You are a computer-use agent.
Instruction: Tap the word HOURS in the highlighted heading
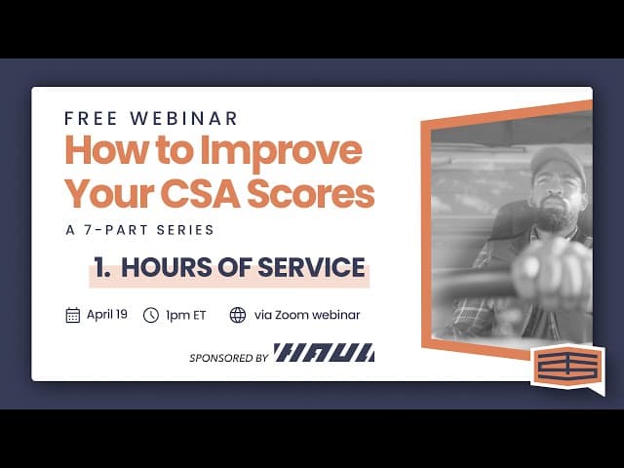[x=168, y=267]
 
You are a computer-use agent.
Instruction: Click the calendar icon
[x=72, y=315]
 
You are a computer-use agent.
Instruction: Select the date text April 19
[x=107, y=315]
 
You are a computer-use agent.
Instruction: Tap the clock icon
[x=151, y=315]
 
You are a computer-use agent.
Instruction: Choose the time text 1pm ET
[x=184, y=315]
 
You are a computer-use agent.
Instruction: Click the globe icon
[x=238, y=315]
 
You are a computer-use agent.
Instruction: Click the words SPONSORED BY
[x=228, y=358]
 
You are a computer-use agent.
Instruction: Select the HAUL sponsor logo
[x=324, y=353]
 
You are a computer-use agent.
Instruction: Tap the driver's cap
[x=559, y=163]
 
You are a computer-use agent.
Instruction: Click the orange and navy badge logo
[x=567, y=368]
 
